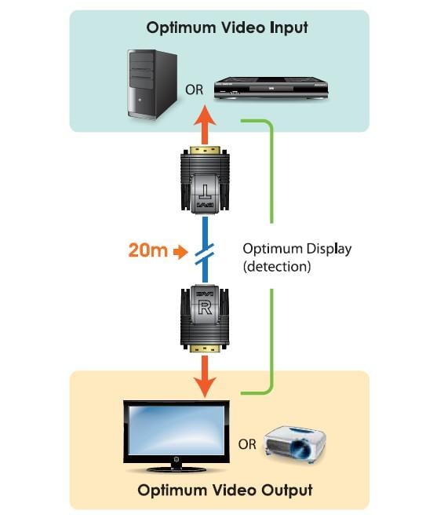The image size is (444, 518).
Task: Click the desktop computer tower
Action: point(152,84)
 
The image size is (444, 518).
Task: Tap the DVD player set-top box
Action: point(271,88)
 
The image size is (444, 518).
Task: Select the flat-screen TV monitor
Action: point(177,436)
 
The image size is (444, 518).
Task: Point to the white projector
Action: point(295,445)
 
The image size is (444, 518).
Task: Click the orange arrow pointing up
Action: point(205,125)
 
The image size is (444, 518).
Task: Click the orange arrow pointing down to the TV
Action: point(205,376)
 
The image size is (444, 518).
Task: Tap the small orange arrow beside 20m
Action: point(180,253)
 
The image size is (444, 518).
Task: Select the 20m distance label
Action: point(148,250)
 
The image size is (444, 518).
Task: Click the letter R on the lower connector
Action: point(205,308)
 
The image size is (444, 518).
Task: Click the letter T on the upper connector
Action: point(205,192)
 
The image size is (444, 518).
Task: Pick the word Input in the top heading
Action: point(289,28)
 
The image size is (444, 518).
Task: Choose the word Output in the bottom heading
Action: point(286,491)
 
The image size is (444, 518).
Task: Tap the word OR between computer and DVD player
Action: point(194,89)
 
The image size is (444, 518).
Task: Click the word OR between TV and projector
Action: point(247,444)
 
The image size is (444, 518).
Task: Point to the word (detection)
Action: point(277,267)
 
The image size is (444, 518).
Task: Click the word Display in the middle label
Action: point(329,249)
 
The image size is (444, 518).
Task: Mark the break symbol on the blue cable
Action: point(205,254)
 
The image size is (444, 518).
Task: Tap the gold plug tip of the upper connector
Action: point(205,150)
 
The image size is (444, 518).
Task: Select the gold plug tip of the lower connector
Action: point(205,348)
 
